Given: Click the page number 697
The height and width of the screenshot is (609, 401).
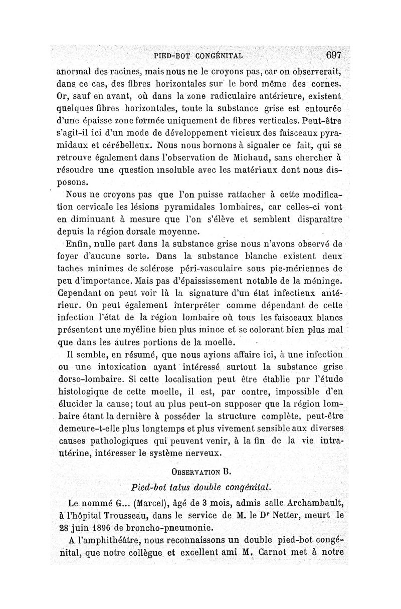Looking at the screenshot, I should pyautogui.click(x=333, y=55).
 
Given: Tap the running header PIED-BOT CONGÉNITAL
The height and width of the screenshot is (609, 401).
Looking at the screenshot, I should pyautogui.click(x=199, y=56).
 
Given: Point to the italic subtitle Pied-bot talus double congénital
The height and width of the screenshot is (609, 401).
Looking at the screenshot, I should pyautogui.click(x=200, y=487).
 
